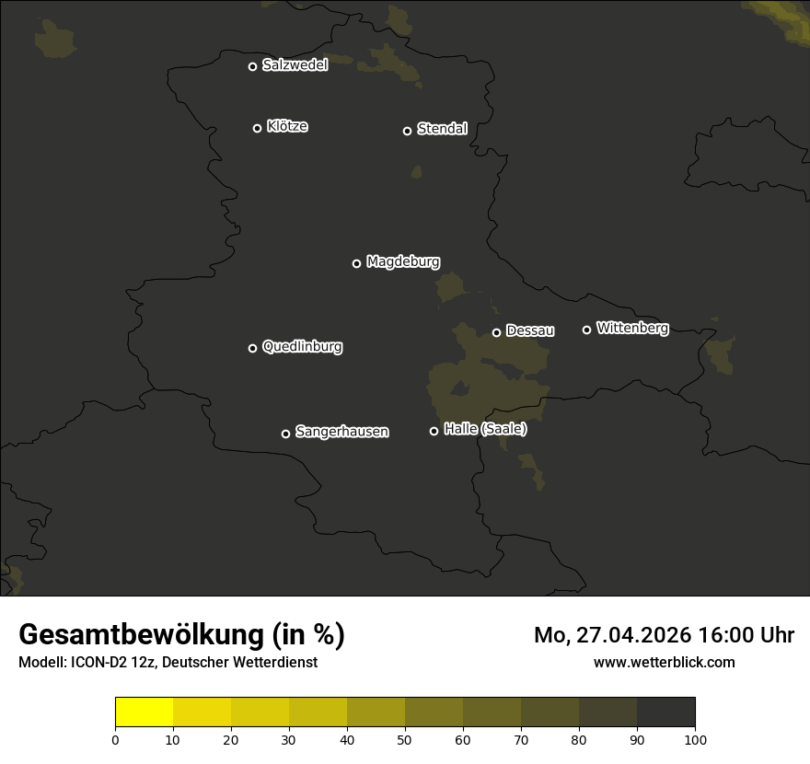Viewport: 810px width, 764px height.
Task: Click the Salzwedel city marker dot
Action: (x=252, y=66)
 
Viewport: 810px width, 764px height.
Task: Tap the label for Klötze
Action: (x=287, y=126)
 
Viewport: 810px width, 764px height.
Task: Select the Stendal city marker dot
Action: (x=407, y=131)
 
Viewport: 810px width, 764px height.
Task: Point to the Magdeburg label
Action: (x=403, y=261)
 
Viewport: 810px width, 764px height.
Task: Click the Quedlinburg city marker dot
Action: (x=252, y=348)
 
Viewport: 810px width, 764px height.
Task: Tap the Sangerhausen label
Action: (x=341, y=431)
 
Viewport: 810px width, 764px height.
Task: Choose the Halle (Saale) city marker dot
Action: (x=434, y=431)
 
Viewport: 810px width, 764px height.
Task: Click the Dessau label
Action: (x=530, y=330)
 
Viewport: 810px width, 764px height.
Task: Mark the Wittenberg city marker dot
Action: (x=586, y=330)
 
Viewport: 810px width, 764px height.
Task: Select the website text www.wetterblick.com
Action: (x=664, y=662)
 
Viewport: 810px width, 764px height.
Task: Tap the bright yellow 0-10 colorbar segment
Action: (x=145, y=712)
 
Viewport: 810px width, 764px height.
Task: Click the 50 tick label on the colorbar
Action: (x=405, y=739)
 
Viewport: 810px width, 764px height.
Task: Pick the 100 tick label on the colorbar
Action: (x=695, y=739)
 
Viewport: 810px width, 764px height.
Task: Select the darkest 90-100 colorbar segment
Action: (x=665, y=712)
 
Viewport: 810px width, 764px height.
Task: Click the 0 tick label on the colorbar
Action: (x=115, y=739)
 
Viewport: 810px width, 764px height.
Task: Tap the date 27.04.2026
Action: (x=632, y=635)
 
